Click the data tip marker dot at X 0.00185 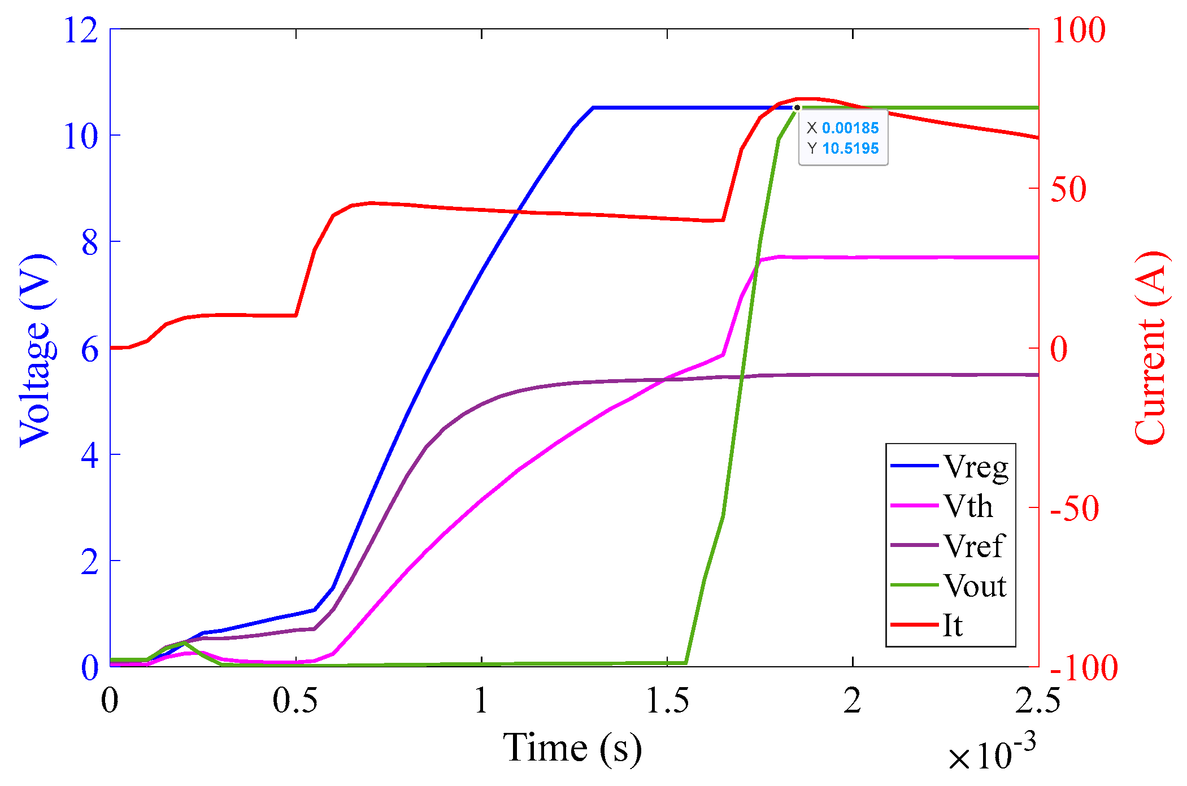point(797,107)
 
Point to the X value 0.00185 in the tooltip point(850,128)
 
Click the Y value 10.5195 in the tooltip point(850,149)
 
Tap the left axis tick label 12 point(81,30)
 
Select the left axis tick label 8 point(90,243)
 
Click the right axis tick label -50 point(1074,508)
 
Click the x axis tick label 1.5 point(667,701)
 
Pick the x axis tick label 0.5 point(295,701)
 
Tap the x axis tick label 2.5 point(1037,701)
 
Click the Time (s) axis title point(572,748)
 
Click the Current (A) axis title point(1150,348)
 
